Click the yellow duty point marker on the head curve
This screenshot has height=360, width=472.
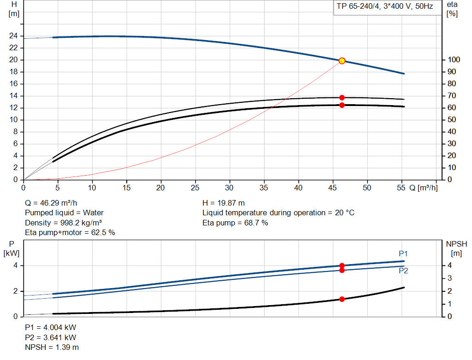(x=342, y=61)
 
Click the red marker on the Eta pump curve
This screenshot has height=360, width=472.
(x=342, y=98)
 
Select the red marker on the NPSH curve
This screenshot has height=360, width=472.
(x=342, y=299)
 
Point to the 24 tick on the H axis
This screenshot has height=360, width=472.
(x=14, y=36)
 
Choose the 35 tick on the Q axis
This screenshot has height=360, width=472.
(x=264, y=188)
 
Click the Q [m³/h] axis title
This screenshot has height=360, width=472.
(x=423, y=188)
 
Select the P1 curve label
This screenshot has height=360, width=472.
(x=403, y=254)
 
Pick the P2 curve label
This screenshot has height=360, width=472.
(x=403, y=271)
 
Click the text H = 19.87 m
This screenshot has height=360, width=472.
(x=224, y=203)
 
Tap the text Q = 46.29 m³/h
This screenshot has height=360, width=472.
(x=51, y=203)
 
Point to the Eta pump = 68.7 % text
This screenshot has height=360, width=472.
(x=235, y=223)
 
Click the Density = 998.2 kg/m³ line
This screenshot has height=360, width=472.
(x=63, y=223)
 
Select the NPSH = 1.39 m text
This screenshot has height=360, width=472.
(x=52, y=347)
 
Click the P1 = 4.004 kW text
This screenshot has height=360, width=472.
(x=51, y=327)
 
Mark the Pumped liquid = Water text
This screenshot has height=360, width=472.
(x=64, y=213)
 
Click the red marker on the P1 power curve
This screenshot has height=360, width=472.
(x=342, y=266)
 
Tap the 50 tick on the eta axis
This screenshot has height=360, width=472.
(x=452, y=120)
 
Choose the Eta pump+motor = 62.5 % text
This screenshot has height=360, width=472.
(x=70, y=233)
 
